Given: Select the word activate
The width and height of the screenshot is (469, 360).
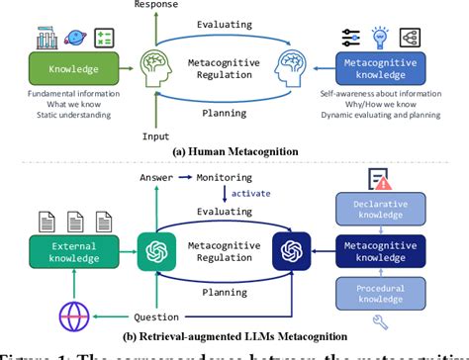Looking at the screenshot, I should coord(250,196).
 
